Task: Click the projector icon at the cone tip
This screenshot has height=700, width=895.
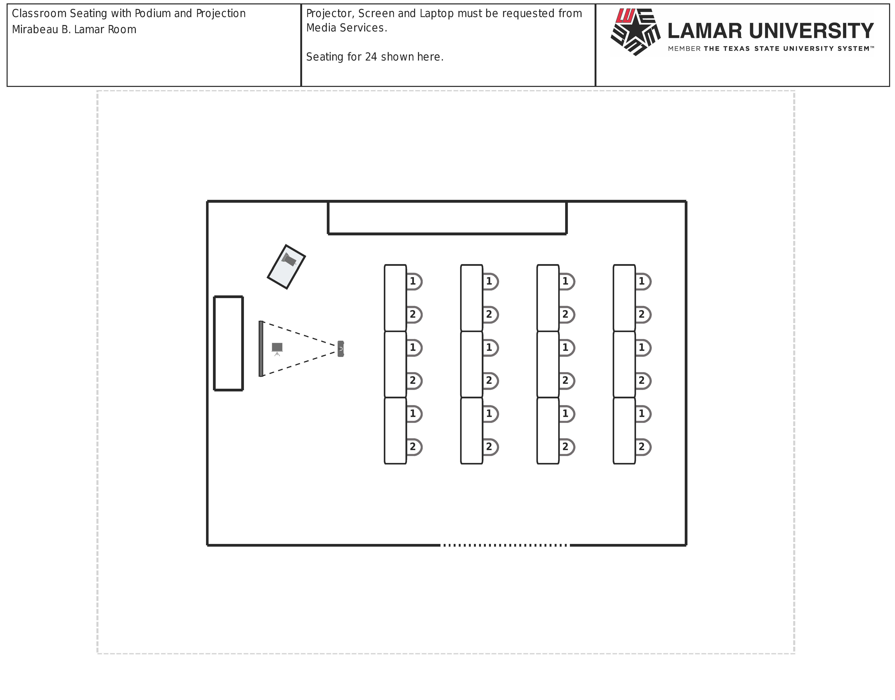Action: pos(340,349)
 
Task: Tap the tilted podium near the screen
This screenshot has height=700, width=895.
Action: pos(286,267)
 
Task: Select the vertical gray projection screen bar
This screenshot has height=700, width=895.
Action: pos(261,349)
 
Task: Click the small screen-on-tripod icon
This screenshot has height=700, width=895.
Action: pos(277,348)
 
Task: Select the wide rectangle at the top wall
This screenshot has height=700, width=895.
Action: pos(447,218)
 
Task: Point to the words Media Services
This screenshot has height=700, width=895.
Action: pos(346,28)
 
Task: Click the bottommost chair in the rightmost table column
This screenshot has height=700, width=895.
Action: pos(643,447)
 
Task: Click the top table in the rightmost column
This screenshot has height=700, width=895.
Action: pos(624,298)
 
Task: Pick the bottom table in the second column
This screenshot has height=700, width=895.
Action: pos(471,430)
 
